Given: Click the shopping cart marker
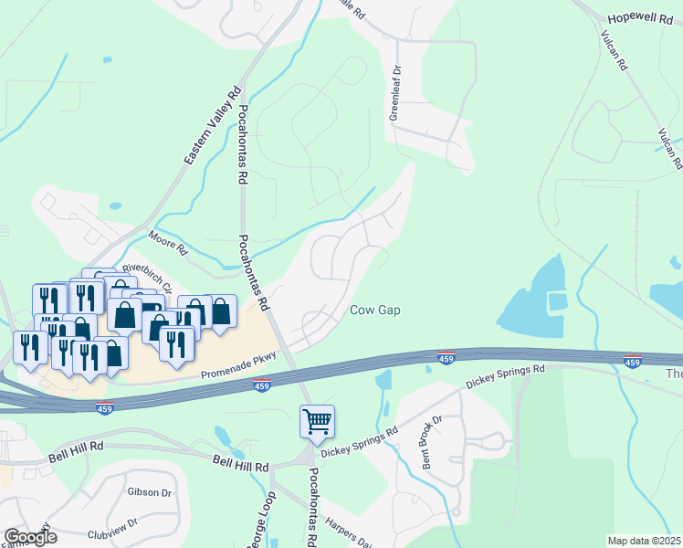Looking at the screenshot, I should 317,422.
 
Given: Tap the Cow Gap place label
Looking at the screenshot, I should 375,311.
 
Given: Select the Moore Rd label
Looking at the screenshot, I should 168,242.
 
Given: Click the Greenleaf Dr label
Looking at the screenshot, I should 395,92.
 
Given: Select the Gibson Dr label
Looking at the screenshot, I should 151,492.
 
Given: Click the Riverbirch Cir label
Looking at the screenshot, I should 147,276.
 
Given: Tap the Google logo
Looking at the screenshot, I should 30,537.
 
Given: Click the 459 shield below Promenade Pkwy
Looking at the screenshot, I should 261,386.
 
